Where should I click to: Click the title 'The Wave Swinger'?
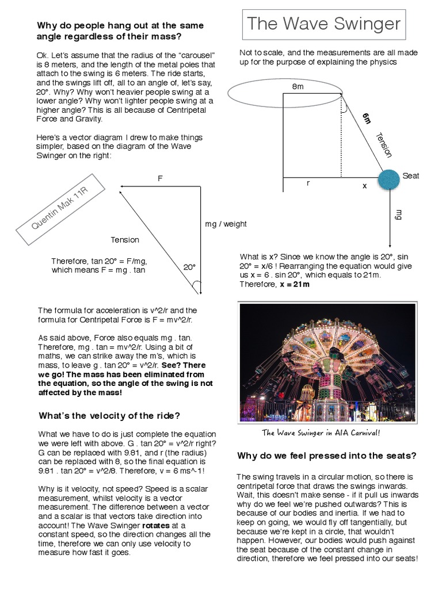(323, 25)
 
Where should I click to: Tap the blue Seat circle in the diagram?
(388, 179)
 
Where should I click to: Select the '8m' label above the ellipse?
(298, 86)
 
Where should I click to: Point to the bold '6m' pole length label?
(367, 119)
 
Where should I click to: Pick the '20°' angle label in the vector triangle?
(189, 267)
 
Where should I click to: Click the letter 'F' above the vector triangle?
(161, 179)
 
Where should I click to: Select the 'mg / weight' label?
(226, 224)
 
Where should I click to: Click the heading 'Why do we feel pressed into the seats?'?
(327, 456)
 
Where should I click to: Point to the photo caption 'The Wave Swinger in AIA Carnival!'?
(321, 433)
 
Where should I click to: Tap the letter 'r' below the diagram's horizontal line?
(308, 183)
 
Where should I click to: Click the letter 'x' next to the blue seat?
(364, 186)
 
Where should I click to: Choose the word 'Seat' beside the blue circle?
(411, 176)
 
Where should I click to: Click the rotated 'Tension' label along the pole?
(383, 145)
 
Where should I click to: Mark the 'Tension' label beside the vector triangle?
(125, 240)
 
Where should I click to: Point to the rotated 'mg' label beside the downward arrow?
(398, 215)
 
